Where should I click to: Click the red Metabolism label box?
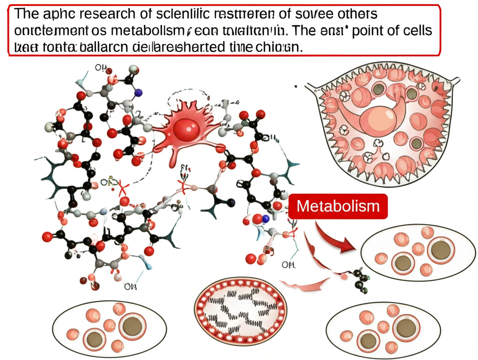[x=338, y=206]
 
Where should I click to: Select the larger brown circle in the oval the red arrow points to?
[x=441, y=250]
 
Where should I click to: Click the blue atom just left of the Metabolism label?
[x=266, y=218]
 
